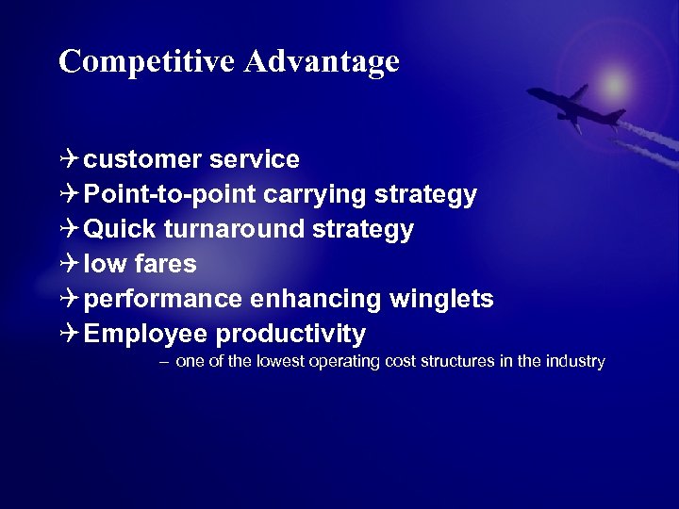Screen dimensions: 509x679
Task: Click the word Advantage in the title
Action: click(322, 61)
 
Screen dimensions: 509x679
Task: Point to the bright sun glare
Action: click(615, 84)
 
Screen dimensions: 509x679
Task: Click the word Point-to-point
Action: click(170, 195)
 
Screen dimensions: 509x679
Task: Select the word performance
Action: click(163, 300)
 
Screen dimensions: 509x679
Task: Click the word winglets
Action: click(440, 300)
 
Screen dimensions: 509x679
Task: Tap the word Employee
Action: click(145, 335)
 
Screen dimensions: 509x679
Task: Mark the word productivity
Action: click(290, 335)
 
